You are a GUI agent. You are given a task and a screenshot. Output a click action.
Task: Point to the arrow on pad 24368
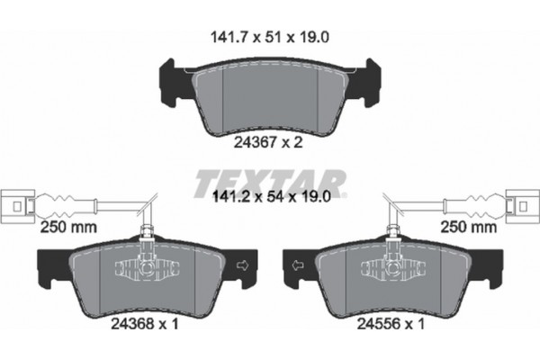pyautogui.click(x=242, y=265)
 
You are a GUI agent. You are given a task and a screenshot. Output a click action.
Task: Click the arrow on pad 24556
pyautogui.click(x=297, y=265)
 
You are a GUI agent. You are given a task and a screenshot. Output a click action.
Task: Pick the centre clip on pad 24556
pyautogui.click(x=400, y=268)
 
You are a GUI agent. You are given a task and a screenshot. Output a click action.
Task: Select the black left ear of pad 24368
pyautogui.click(x=45, y=265)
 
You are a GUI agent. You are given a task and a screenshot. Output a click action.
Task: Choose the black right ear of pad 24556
pyautogui.click(x=494, y=265)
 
